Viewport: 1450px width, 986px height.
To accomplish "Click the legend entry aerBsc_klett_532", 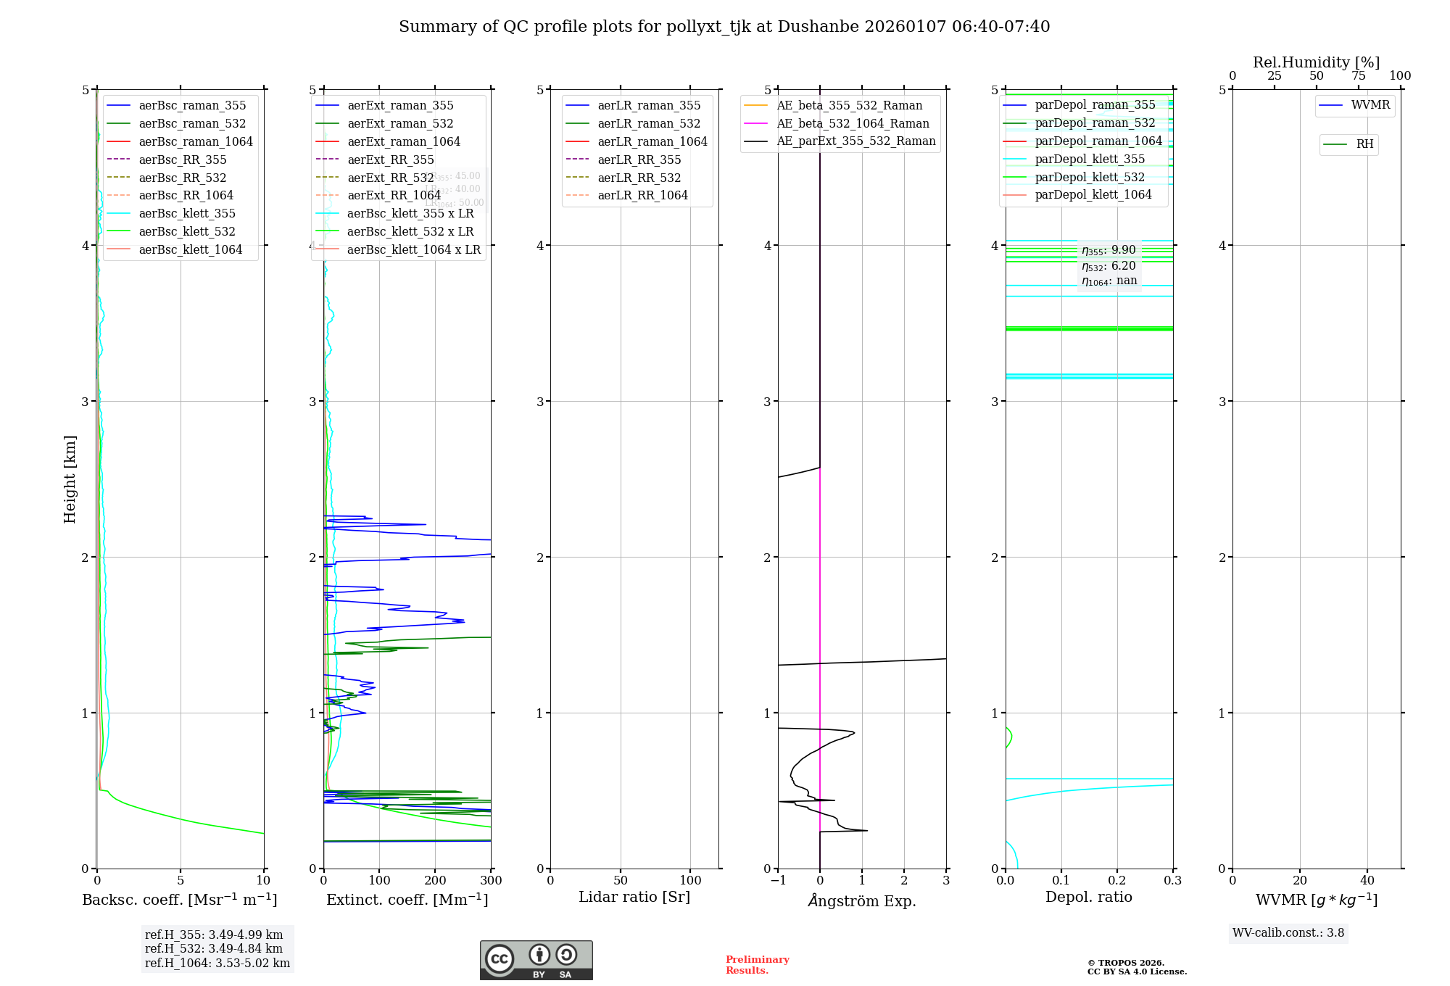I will pos(186,232).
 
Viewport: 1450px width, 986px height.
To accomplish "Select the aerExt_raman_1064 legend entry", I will pos(403,142).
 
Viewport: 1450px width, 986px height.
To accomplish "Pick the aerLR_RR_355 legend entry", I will pos(639,160).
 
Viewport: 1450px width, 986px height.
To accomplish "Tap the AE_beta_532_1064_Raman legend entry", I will pos(853,124).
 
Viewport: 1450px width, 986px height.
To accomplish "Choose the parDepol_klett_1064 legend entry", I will pos(1093,195).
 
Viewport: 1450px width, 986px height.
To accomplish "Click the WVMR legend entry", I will pos(1370,106).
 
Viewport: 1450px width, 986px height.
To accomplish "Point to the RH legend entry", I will pos(1364,144).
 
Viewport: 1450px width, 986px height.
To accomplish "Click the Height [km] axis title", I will pos(70,479).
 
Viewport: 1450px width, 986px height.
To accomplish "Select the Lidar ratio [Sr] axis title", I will pos(634,898).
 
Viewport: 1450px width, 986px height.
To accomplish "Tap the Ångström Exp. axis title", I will pos(862,901).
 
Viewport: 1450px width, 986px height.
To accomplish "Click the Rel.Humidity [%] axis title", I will pos(1316,62).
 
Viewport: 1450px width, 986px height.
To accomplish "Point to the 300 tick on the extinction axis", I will pos(491,881).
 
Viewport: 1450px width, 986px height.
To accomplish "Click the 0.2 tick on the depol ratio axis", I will pos(1117,881).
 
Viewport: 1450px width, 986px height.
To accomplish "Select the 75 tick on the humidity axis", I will pos(1358,76).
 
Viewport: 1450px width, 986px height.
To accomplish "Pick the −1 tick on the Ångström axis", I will pos(778,881).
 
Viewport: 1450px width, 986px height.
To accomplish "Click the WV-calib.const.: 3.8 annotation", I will pos(1288,933).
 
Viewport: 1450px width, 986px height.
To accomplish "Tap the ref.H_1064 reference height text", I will pos(217,964).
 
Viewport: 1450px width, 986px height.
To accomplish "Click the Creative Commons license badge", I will pos(536,961).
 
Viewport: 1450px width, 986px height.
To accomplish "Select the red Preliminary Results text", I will pos(757,965).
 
